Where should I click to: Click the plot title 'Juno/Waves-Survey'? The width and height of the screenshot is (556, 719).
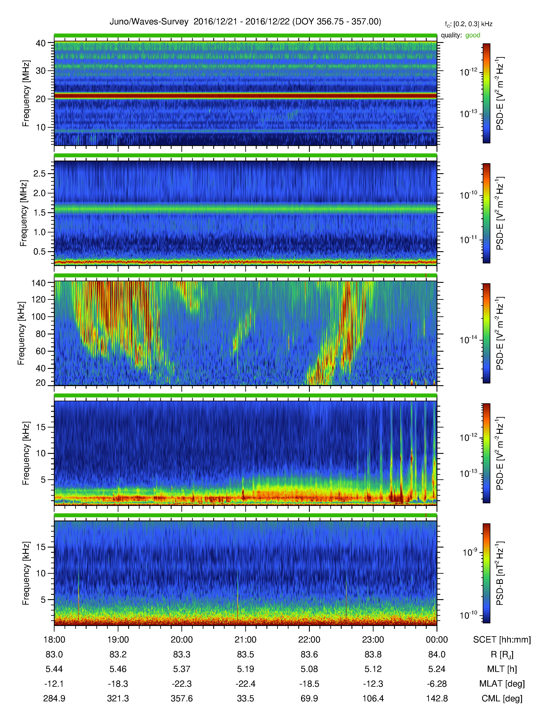point(149,22)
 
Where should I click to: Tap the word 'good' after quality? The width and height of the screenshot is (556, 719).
point(473,35)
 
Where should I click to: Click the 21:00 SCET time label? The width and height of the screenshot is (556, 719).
point(245,640)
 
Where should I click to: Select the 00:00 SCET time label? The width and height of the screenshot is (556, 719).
point(437,640)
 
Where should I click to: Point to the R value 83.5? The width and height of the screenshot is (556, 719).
point(245,655)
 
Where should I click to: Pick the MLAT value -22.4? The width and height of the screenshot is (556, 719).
point(245,684)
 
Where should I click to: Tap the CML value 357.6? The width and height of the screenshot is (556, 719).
point(182,698)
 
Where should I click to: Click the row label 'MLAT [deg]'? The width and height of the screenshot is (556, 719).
point(502,684)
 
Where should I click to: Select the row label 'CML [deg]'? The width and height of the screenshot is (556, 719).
point(502,698)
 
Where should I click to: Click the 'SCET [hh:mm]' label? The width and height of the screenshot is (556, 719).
point(502,640)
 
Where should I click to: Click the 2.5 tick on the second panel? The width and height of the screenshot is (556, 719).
point(39,173)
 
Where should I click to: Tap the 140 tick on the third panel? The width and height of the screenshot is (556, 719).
point(39,283)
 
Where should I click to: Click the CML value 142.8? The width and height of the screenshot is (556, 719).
point(437,698)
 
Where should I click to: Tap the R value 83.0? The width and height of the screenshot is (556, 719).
point(54,655)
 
